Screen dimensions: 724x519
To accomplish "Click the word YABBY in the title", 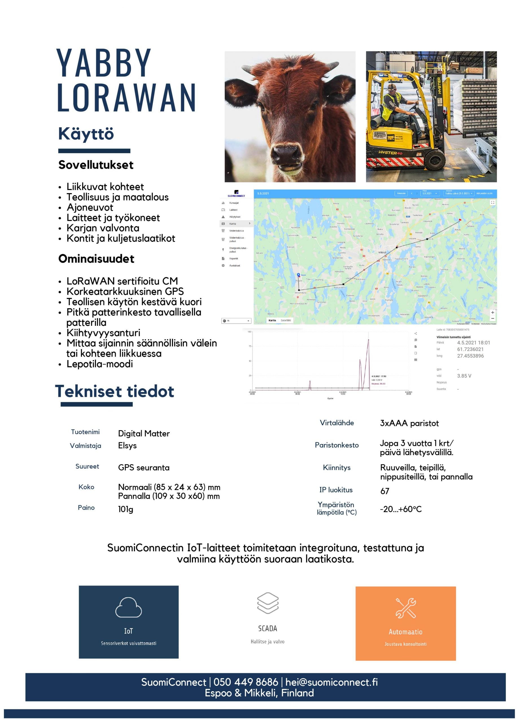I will click(x=103, y=63).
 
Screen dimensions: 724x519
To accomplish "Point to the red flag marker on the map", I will click(x=460, y=220).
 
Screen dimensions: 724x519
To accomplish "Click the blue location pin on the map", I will click(x=298, y=275).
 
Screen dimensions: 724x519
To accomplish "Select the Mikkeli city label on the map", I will click(x=382, y=252).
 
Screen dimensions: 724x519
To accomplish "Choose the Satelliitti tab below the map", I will click(x=286, y=320).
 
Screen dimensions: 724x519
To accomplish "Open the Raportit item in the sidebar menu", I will click(x=234, y=258).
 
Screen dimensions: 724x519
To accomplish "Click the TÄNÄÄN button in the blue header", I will click(x=401, y=193).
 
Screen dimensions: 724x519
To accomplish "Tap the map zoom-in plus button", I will click(x=492, y=313).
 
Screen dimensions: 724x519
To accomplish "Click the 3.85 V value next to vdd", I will click(x=464, y=376).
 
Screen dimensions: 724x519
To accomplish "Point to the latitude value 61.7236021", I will click(x=470, y=349).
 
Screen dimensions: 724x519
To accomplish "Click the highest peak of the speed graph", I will click(x=368, y=340).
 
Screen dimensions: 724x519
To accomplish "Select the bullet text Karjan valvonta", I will click(x=103, y=228).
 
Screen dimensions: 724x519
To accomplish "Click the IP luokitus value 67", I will click(x=385, y=491).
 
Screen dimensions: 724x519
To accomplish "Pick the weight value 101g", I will click(x=125, y=509).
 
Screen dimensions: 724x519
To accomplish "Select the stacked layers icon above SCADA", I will click(x=268, y=603).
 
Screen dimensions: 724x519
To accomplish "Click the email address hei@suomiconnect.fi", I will click(x=331, y=682).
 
